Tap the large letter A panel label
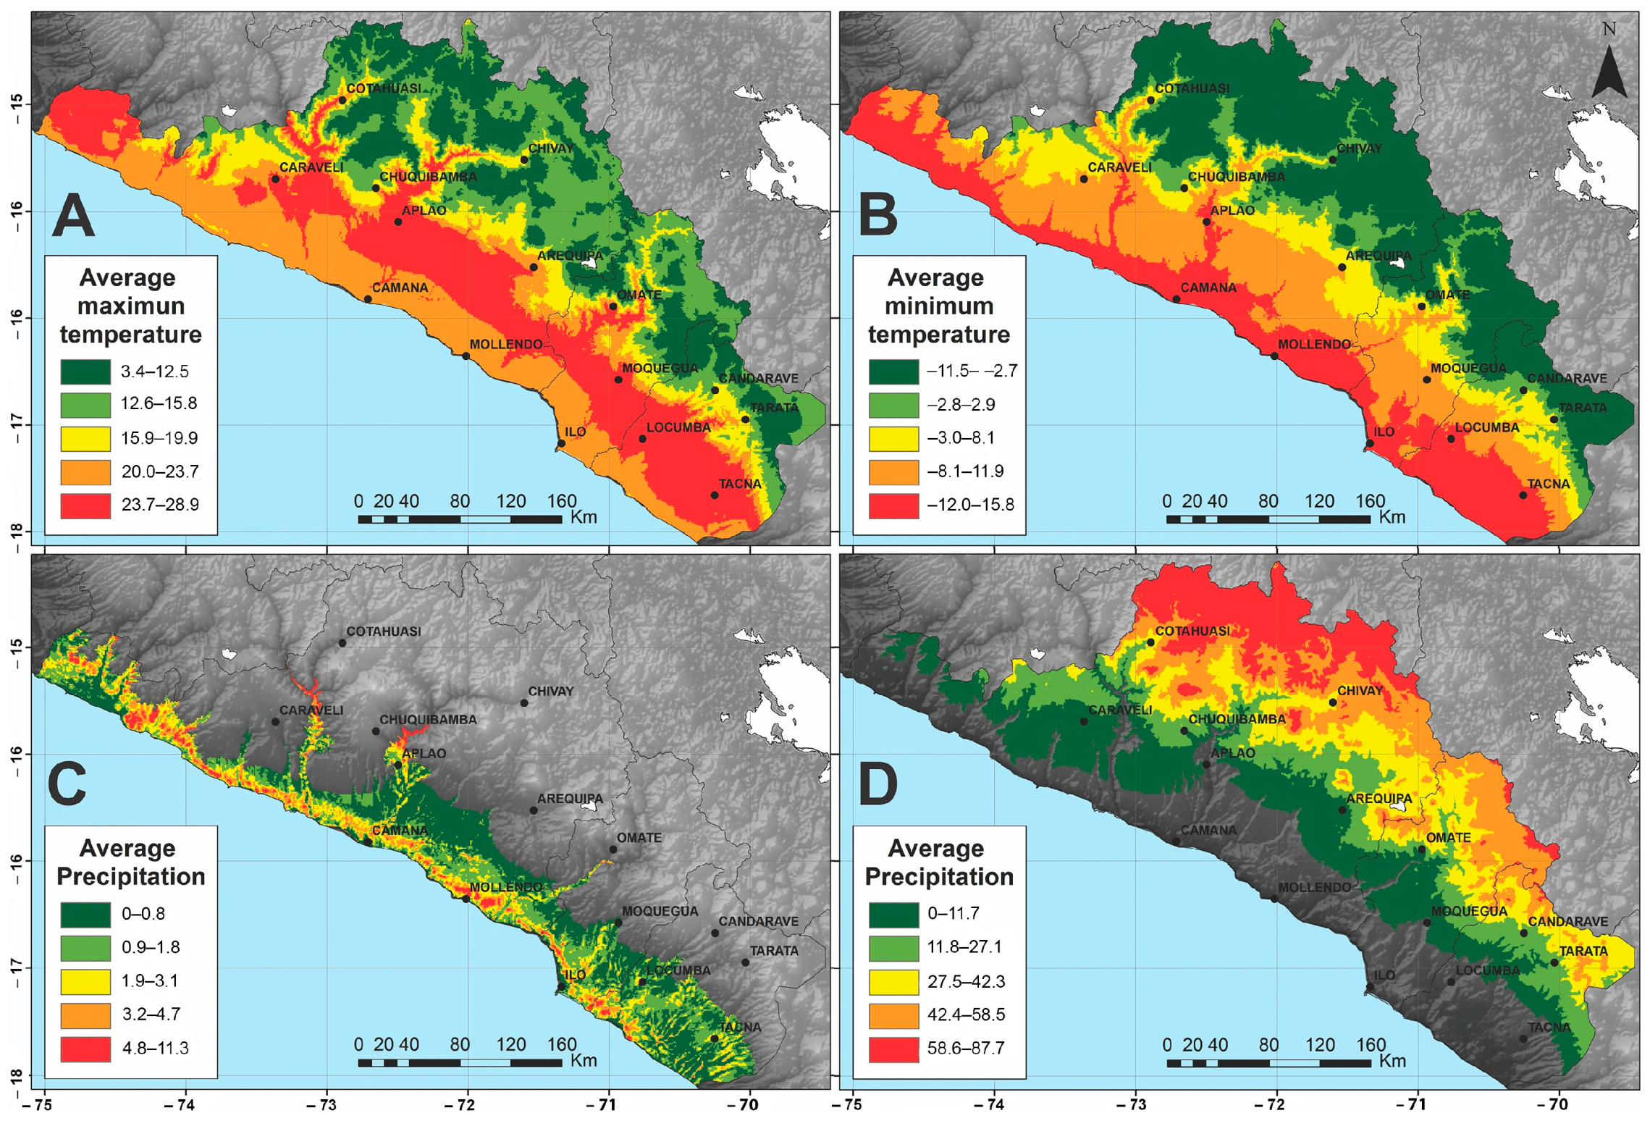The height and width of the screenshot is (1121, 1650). tap(73, 216)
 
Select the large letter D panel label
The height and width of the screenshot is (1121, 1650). tap(877, 784)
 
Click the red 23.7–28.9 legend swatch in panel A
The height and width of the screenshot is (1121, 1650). tap(85, 505)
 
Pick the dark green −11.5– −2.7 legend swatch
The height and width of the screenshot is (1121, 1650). tap(893, 371)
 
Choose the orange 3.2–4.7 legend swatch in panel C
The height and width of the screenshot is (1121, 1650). tap(85, 1015)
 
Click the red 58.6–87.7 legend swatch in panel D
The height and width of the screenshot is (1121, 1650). tap(893, 1048)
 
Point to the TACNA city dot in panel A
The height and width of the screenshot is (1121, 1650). tap(715, 495)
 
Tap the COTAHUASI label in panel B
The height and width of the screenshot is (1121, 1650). tap(1192, 88)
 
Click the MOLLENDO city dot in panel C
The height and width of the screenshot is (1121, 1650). tap(466, 899)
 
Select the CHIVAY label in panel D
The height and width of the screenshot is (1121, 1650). tap(1359, 691)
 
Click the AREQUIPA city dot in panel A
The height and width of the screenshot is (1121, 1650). tap(534, 267)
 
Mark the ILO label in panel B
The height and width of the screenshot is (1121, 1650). tap(1384, 432)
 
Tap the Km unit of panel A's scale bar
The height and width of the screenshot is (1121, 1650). tap(584, 517)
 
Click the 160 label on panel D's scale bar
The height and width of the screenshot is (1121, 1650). tap(1371, 1044)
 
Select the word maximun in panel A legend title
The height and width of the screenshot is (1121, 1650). tap(131, 306)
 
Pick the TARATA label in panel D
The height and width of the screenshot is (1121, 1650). tap(1583, 951)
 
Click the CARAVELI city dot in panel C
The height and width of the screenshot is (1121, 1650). tap(275, 722)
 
